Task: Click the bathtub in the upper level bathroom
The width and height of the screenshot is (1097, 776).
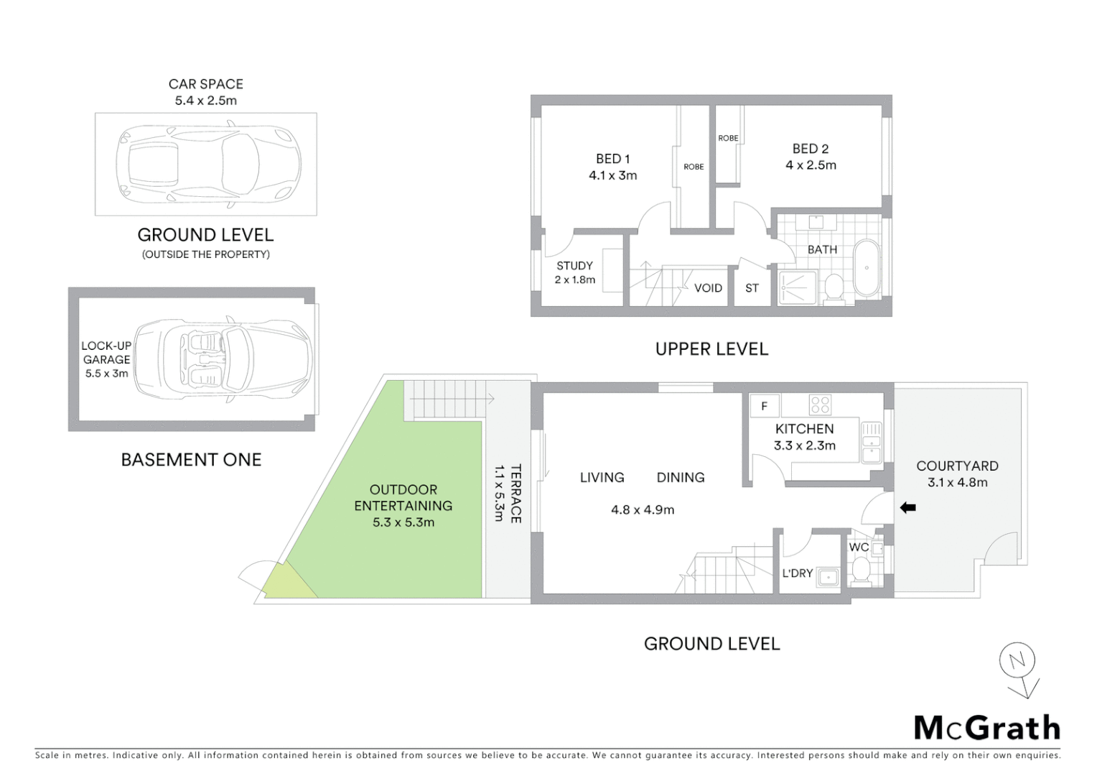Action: [x=867, y=268]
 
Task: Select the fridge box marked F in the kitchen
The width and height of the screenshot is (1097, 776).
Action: [x=764, y=407]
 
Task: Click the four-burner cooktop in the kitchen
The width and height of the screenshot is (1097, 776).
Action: [x=820, y=405]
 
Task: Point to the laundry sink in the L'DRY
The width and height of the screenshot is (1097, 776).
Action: [x=828, y=577]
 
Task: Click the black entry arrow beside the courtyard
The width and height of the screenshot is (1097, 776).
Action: [x=907, y=508]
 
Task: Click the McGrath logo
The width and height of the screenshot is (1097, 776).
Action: [x=986, y=728]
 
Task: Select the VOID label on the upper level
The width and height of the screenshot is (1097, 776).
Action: [x=708, y=288]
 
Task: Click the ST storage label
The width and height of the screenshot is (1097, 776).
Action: [x=752, y=288]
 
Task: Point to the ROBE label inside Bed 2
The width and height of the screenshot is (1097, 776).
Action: [x=728, y=138]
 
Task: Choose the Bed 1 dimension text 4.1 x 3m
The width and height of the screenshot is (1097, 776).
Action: [x=612, y=175]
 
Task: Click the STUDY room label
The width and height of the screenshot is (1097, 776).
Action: [x=574, y=265]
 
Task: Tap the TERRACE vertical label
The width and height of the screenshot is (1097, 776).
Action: [x=515, y=494]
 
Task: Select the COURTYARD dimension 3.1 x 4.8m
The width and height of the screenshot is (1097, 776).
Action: [x=957, y=483]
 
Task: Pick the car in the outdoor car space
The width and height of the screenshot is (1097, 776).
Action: [x=208, y=165]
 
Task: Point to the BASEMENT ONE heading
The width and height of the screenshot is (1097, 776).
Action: [x=191, y=460]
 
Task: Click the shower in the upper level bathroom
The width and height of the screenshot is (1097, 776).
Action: [x=798, y=287]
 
